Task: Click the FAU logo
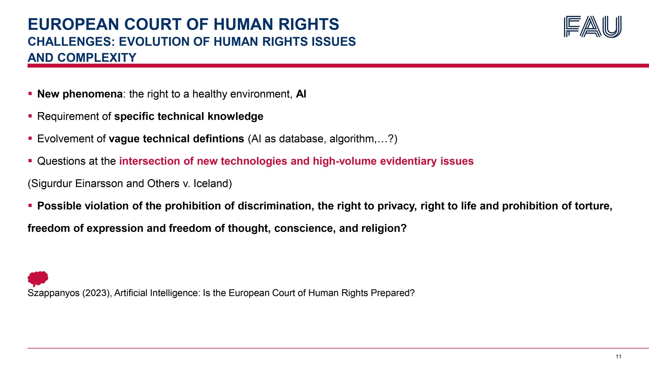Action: click(593, 27)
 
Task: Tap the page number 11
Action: click(619, 357)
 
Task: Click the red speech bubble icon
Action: click(38, 279)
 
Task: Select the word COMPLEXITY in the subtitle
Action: click(97, 58)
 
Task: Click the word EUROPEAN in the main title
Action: click(73, 24)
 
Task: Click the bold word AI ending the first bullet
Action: click(301, 94)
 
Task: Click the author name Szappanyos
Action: click(53, 293)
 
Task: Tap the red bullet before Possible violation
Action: click(30, 206)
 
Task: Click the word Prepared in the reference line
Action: click(393, 293)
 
